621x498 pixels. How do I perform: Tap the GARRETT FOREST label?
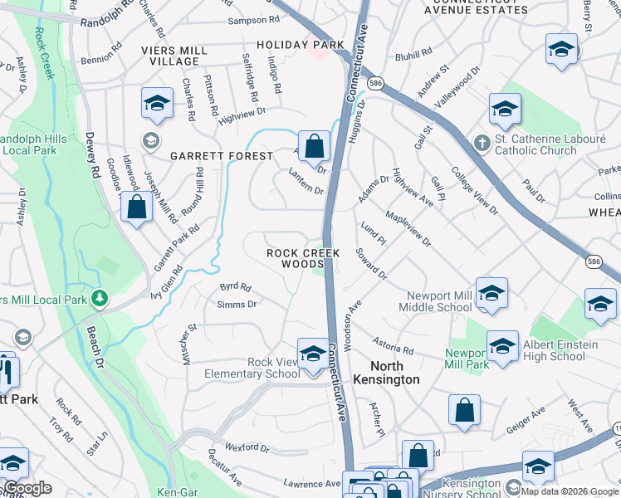(x=222, y=156)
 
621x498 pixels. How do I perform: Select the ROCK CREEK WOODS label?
(x=295, y=257)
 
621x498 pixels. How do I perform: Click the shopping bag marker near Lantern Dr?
(x=314, y=146)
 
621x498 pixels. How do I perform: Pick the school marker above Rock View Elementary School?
(x=313, y=353)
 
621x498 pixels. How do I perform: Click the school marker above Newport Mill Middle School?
(x=491, y=292)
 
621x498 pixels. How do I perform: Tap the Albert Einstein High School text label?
(x=554, y=350)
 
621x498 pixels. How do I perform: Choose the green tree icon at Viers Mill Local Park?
(x=100, y=296)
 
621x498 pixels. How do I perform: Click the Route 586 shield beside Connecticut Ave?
(x=376, y=84)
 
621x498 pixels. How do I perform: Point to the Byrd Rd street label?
(x=235, y=287)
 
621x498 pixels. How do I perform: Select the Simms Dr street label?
(x=236, y=305)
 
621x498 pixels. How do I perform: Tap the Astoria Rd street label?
(x=393, y=345)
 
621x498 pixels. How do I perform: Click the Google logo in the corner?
(x=27, y=488)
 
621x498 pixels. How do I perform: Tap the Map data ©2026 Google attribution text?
(x=570, y=491)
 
